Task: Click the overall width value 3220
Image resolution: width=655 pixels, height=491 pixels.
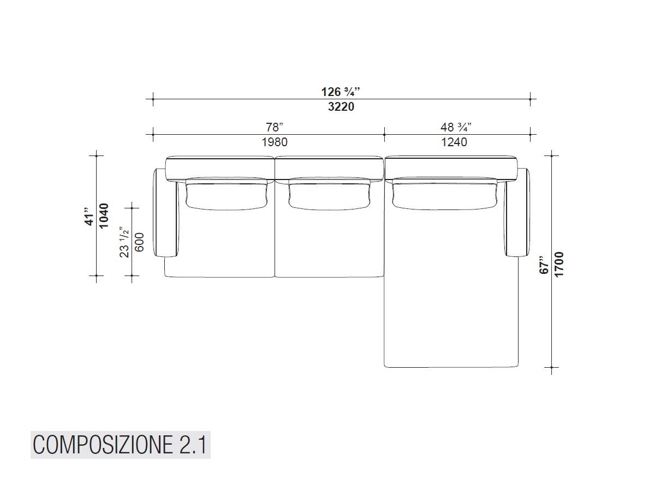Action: click(341, 107)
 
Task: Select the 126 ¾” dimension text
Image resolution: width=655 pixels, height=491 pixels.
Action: click(341, 92)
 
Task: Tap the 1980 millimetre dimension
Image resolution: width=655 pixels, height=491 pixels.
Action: click(275, 142)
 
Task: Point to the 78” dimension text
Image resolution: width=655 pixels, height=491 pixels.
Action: click(275, 127)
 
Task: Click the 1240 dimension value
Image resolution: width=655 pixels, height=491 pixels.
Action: click(454, 142)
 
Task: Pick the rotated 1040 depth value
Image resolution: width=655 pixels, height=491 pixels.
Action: click(104, 215)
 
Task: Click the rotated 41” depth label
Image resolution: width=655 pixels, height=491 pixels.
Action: click(88, 215)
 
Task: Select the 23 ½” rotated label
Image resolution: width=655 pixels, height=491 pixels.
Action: click(124, 242)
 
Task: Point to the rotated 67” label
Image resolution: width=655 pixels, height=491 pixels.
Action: click(544, 264)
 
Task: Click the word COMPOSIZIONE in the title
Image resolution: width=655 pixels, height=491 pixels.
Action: click(103, 445)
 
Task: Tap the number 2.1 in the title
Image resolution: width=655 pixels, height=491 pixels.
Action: click(192, 445)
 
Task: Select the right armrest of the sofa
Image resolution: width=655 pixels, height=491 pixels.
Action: click(517, 213)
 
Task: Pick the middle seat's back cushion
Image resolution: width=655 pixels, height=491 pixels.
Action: click(329, 194)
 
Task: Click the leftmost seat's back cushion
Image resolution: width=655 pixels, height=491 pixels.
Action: click(227, 194)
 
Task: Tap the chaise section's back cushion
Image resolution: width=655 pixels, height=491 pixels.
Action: click(444, 194)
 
